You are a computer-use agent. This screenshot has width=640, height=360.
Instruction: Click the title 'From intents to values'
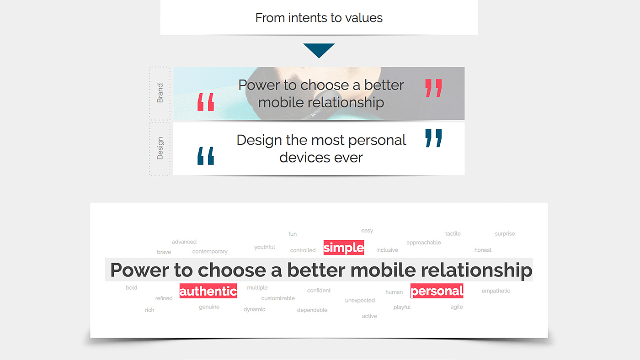tap(319, 18)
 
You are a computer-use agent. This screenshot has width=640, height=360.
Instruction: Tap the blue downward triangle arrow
tap(319, 50)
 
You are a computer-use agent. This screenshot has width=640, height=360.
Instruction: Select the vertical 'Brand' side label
tap(160, 93)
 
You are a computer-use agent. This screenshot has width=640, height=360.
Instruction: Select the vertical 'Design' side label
tap(160, 148)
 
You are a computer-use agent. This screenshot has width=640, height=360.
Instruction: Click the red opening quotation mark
tap(206, 101)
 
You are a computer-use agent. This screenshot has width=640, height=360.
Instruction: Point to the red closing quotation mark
tap(433, 88)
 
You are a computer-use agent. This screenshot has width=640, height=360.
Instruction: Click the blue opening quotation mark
tap(206, 156)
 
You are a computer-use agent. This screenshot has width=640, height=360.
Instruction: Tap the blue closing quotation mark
tap(433, 138)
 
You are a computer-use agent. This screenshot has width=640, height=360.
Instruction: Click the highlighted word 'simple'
tap(344, 247)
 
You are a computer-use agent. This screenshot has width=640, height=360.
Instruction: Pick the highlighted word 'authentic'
tap(208, 291)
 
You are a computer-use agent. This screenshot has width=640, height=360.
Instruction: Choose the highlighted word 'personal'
tap(437, 291)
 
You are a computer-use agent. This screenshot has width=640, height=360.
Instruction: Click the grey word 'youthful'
tap(265, 247)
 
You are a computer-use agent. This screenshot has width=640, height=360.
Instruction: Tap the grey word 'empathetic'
tap(496, 291)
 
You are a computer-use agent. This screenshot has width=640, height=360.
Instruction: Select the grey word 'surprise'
tap(505, 234)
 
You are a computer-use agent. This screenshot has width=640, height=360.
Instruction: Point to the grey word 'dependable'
tap(312, 310)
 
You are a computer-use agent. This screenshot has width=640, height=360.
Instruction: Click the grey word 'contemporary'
tap(210, 252)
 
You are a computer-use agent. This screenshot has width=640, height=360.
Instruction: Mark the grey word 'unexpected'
tap(360, 300)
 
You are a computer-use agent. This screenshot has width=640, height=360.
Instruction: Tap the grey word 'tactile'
tap(453, 233)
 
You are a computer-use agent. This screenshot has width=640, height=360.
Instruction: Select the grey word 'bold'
tap(132, 287)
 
